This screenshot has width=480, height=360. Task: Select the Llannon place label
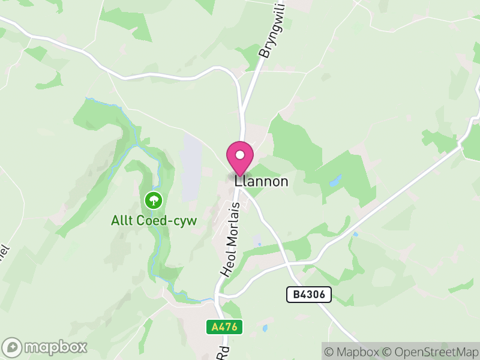262,181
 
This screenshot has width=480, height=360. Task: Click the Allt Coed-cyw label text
154,220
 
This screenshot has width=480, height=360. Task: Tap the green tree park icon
154,199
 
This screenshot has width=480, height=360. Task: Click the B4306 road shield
308,295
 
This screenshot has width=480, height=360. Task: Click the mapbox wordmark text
56,347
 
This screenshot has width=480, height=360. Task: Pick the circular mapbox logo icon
13,347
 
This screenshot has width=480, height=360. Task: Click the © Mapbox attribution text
352,352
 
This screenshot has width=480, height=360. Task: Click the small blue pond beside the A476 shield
265,328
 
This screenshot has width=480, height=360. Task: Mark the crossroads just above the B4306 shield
288,263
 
